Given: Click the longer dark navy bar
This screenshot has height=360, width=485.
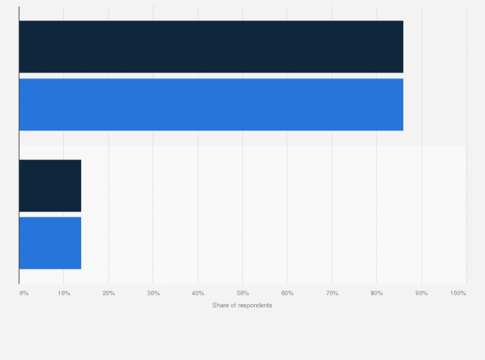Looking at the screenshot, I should pyautogui.click(x=211, y=46).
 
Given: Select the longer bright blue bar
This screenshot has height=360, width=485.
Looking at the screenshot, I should pyautogui.click(x=211, y=105).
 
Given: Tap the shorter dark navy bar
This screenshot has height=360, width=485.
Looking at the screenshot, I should pyautogui.click(x=50, y=185).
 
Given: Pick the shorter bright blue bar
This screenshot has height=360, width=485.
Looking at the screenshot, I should pyautogui.click(x=50, y=243).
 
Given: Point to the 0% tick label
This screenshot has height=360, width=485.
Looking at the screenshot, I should pyautogui.click(x=24, y=293).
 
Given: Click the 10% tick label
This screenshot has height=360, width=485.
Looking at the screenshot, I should pyautogui.click(x=64, y=293).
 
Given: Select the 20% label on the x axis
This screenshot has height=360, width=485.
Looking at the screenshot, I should pyautogui.click(x=109, y=293).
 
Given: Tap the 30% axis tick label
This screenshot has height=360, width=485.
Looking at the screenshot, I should pyautogui.click(x=153, y=293).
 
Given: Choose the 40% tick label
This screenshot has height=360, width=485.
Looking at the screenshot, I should pyautogui.click(x=198, y=293).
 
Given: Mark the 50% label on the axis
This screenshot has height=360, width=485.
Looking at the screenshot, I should pyautogui.click(x=243, y=293).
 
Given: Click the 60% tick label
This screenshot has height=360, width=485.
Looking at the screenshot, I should pyautogui.click(x=288, y=293).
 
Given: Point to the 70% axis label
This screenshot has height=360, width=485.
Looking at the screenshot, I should pyautogui.click(x=332, y=293).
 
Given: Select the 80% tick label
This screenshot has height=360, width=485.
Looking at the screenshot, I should pyautogui.click(x=377, y=293).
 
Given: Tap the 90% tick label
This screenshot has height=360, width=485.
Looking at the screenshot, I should pyautogui.click(x=421, y=293).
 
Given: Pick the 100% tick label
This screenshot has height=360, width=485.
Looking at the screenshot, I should pyautogui.click(x=458, y=293).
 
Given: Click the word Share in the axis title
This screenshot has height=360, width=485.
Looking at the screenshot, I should pyautogui.click(x=220, y=305).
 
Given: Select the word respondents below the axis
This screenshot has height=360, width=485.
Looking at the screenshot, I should pyautogui.click(x=255, y=305).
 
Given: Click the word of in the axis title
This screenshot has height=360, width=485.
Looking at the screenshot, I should pyautogui.click(x=233, y=305).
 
